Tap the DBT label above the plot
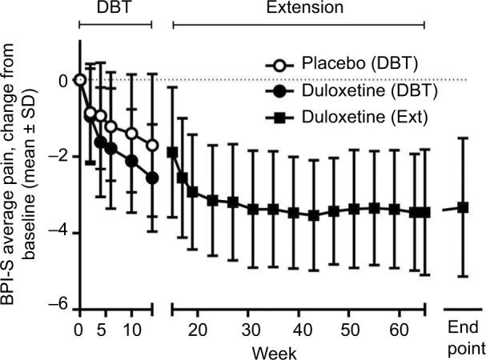[114, 9]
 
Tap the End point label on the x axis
[463, 339]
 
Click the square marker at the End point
[463, 207]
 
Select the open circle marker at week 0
[79, 79]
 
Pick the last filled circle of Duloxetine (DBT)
[152, 178]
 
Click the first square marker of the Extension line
[172, 152]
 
